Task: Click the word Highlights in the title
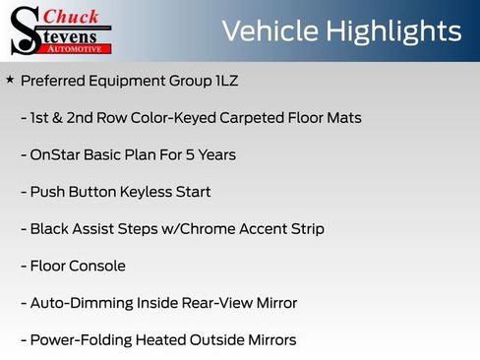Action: pos(397,30)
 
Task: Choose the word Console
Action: pos(98,266)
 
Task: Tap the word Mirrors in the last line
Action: pos(266,340)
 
